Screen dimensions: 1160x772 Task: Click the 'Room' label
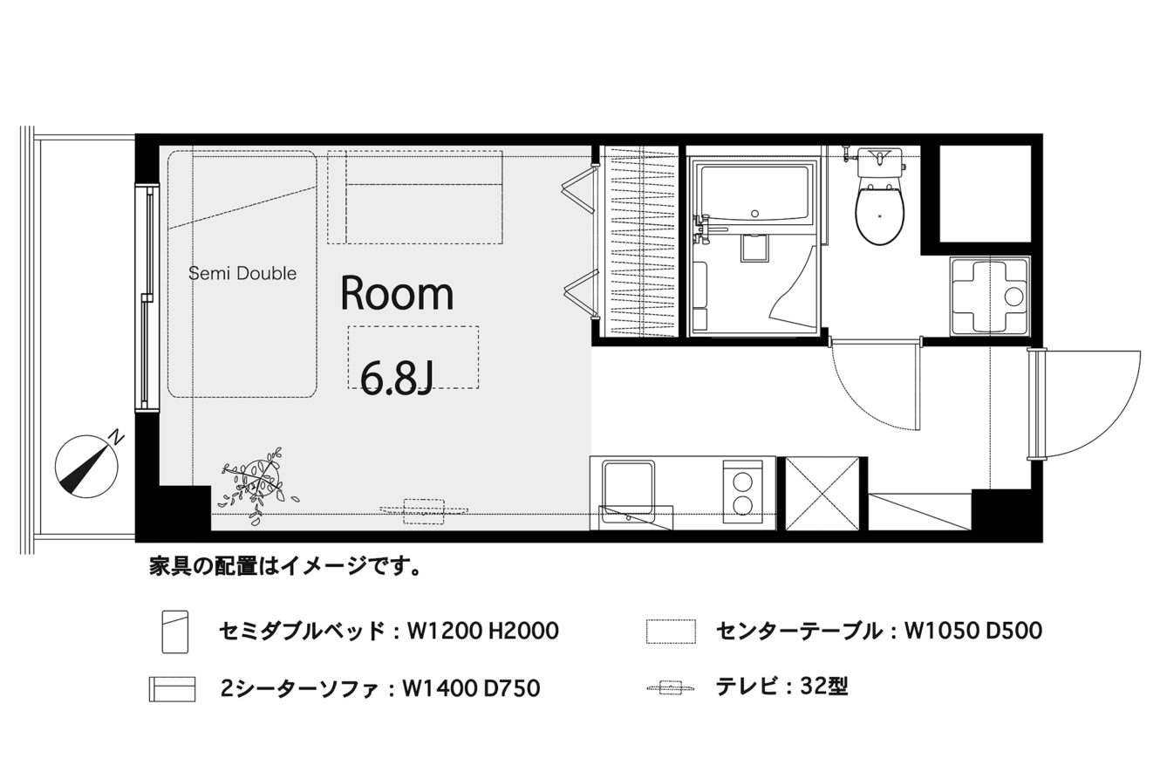(397, 293)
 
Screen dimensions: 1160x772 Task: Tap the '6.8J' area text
(396, 378)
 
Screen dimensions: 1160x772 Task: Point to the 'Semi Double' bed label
(242, 273)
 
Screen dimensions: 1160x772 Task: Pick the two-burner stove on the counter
(742, 492)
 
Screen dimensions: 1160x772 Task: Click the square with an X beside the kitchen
(822, 493)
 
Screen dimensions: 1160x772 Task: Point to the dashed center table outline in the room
(413, 358)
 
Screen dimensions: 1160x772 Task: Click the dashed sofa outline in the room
(415, 197)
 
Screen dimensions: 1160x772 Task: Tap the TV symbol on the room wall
(424, 511)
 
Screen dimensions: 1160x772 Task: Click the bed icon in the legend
(175, 632)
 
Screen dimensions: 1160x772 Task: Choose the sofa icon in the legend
(172, 689)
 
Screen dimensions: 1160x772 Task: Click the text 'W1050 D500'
(973, 631)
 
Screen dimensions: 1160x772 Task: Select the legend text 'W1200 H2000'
(483, 632)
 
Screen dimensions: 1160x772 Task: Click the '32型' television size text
(824, 687)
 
